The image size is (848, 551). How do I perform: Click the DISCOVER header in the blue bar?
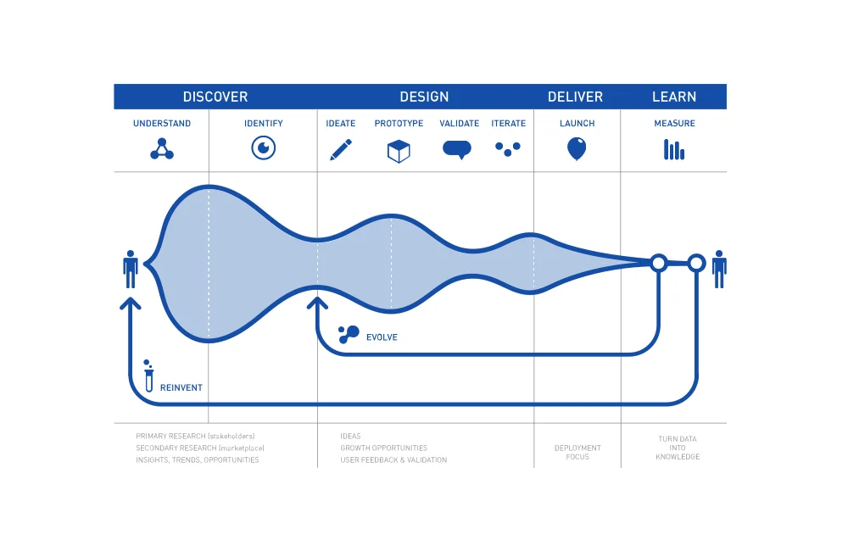(x=215, y=97)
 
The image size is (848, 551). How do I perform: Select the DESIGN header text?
(x=424, y=97)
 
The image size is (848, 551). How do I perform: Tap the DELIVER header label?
(x=575, y=97)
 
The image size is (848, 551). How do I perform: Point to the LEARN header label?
(x=674, y=97)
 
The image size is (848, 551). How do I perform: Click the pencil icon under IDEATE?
(x=341, y=150)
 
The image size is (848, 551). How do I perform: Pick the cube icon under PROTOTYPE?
(x=399, y=151)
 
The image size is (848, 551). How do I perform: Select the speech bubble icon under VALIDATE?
(x=457, y=150)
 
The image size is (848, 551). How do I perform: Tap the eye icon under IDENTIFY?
(x=264, y=148)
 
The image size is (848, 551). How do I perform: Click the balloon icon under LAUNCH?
(x=577, y=149)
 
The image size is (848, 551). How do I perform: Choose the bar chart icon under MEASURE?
(x=674, y=150)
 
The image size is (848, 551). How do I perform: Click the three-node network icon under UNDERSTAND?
(x=162, y=149)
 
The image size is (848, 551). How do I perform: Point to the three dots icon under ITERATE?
(x=507, y=148)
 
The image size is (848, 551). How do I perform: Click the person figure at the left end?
(x=131, y=269)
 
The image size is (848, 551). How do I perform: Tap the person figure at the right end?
(x=719, y=269)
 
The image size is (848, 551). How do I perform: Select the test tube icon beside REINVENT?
(x=148, y=375)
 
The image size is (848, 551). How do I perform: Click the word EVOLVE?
(x=382, y=337)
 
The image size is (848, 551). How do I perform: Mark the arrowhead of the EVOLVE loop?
(x=317, y=301)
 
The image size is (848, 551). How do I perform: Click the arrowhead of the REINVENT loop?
(x=131, y=302)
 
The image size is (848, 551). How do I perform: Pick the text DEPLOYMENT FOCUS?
(x=577, y=452)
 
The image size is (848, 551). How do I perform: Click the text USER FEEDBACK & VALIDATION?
(x=393, y=459)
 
